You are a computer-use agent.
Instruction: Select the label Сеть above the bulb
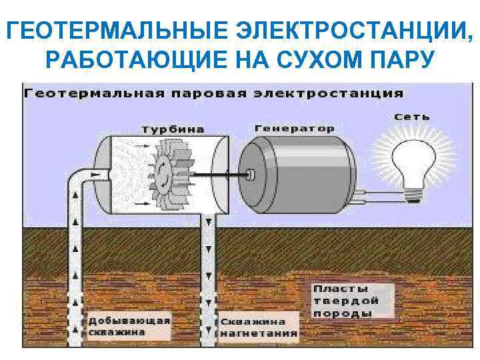[411, 117]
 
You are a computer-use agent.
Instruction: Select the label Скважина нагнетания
[259, 327]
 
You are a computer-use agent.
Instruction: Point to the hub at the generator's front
[251, 175]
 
